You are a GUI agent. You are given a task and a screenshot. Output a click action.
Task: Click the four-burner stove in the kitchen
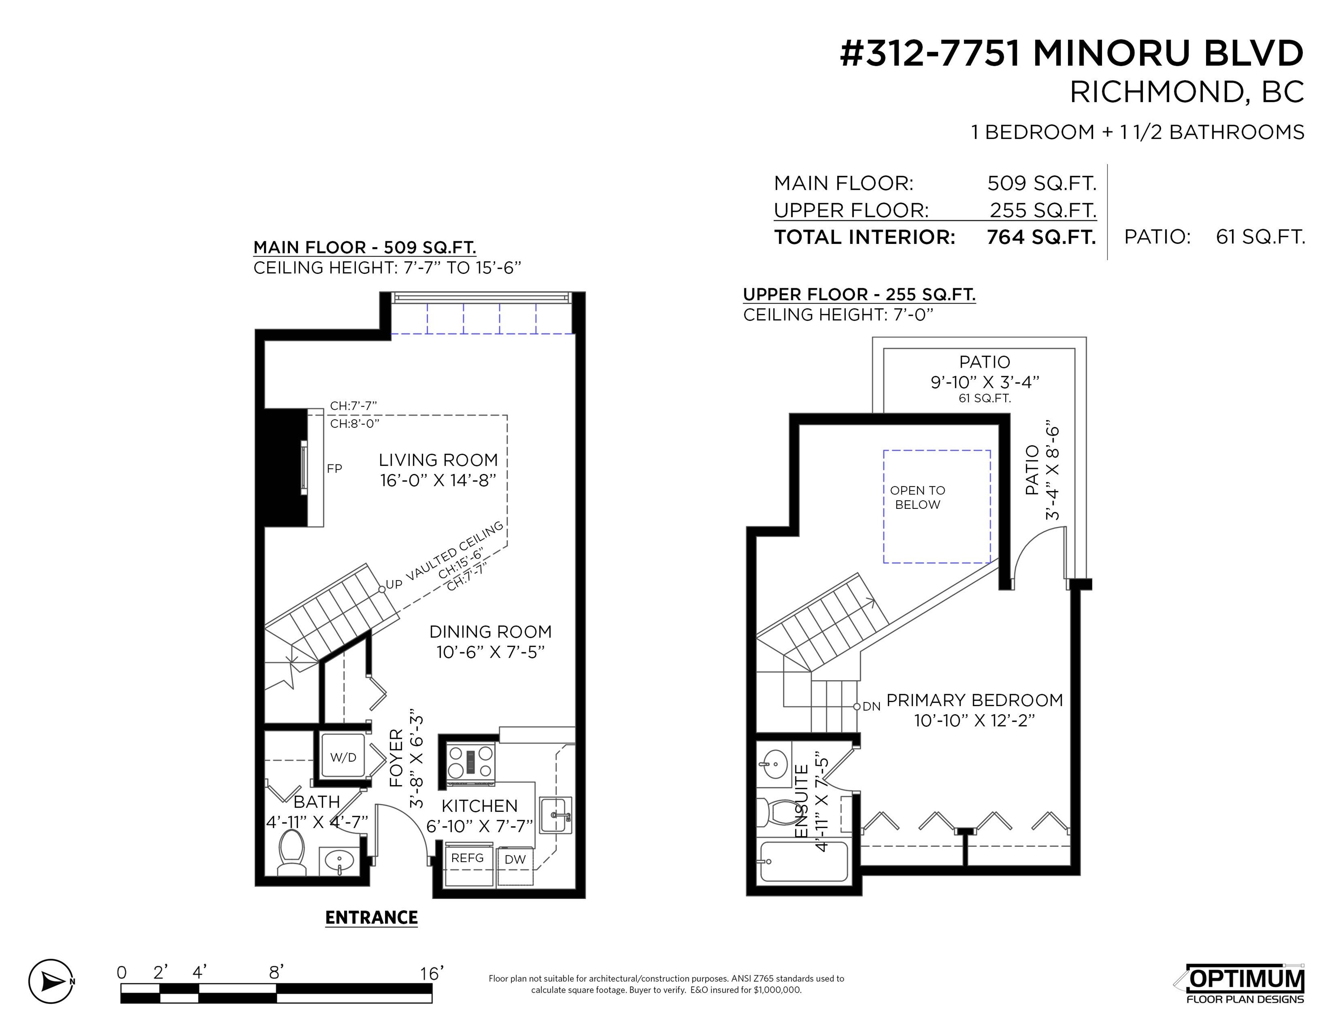[471, 763]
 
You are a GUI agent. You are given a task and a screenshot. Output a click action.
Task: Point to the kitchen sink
[555, 815]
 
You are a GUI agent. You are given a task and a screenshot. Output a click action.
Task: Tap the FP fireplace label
[334, 468]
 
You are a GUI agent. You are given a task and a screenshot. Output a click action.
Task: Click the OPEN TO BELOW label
[917, 498]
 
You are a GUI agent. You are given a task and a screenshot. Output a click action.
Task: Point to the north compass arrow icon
[52, 981]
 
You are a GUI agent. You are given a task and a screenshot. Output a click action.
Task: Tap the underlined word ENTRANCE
[372, 917]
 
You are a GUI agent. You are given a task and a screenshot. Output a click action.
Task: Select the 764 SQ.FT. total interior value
[1041, 237]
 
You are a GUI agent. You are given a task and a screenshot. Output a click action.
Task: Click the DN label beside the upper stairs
[871, 706]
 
